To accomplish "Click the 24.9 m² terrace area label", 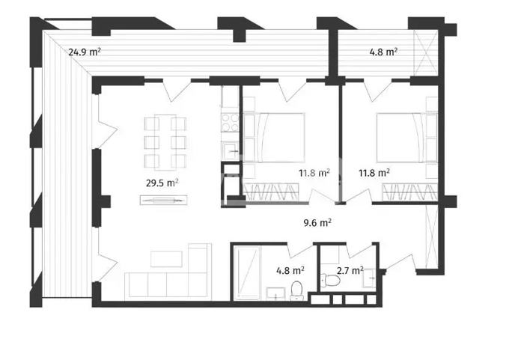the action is click(x=85, y=52).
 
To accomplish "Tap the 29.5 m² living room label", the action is click(x=162, y=183).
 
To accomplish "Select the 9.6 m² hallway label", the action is click(x=317, y=222).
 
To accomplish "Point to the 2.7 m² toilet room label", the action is click(x=350, y=270).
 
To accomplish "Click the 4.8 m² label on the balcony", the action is click(x=383, y=52).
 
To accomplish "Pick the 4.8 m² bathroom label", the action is click(x=290, y=270).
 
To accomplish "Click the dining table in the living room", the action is click(x=165, y=142).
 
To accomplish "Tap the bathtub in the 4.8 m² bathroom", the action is click(x=247, y=272).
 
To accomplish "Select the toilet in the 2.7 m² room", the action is click(x=330, y=280).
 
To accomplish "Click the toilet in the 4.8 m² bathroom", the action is click(x=296, y=290).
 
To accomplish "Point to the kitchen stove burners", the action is click(x=231, y=123).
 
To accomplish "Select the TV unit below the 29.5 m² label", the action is click(x=163, y=200).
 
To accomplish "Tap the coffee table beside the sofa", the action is click(x=166, y=259).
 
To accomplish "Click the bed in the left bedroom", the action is click(x=274, y=138).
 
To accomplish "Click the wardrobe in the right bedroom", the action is click(x=409, y=192).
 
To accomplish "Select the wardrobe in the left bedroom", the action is click(x=271, y=192).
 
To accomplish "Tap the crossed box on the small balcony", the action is click(x=426, y=52).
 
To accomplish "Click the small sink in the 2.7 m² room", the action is click(x=369, y=278).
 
